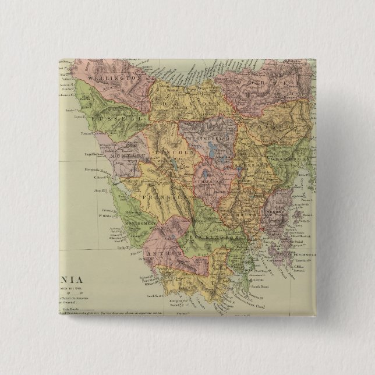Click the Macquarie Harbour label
[95, 172]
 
